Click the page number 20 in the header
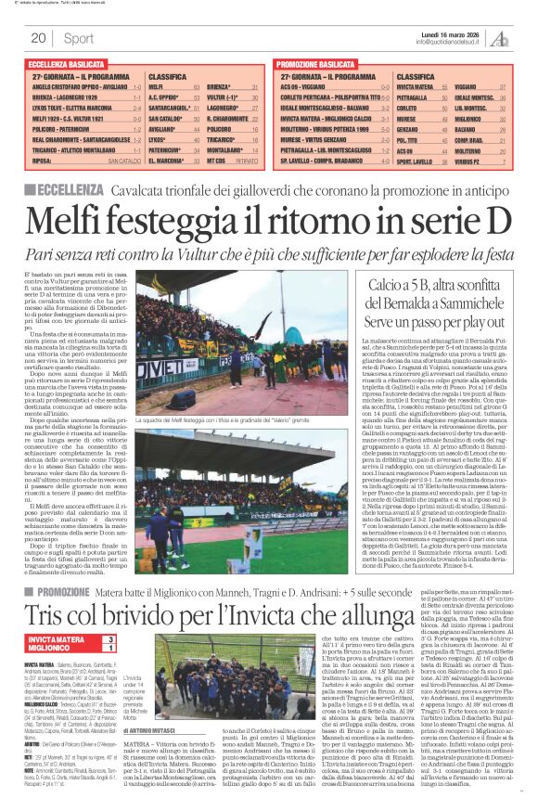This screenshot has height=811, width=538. click(38, 38)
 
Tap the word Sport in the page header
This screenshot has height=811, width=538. click(79, 38)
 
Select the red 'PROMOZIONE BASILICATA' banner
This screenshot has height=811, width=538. click(316, 64)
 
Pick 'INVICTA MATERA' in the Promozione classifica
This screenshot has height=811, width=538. click(416, 86)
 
